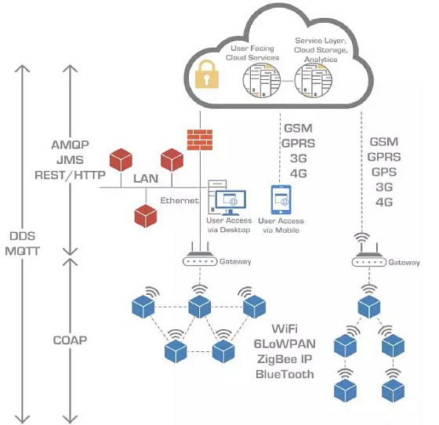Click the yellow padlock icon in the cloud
pos(207,74)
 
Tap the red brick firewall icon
pos(200,140)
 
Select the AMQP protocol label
pos(70,145)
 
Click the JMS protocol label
pos(70,160)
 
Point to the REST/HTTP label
pos(70,176)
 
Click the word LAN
pos(146,179)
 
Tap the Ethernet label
pos(180,201)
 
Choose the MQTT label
pos(23,251)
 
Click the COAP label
pos(70,340)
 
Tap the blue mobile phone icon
pos(281,200)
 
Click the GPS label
pos(384,172)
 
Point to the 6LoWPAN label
pos(285,343)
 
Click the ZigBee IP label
pos(285,359)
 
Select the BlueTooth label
pos(285,374)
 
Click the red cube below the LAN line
pos(146,216)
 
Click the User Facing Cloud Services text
pos(252,53)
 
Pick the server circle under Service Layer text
pos(314,80)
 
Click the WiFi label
pos(285,329)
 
